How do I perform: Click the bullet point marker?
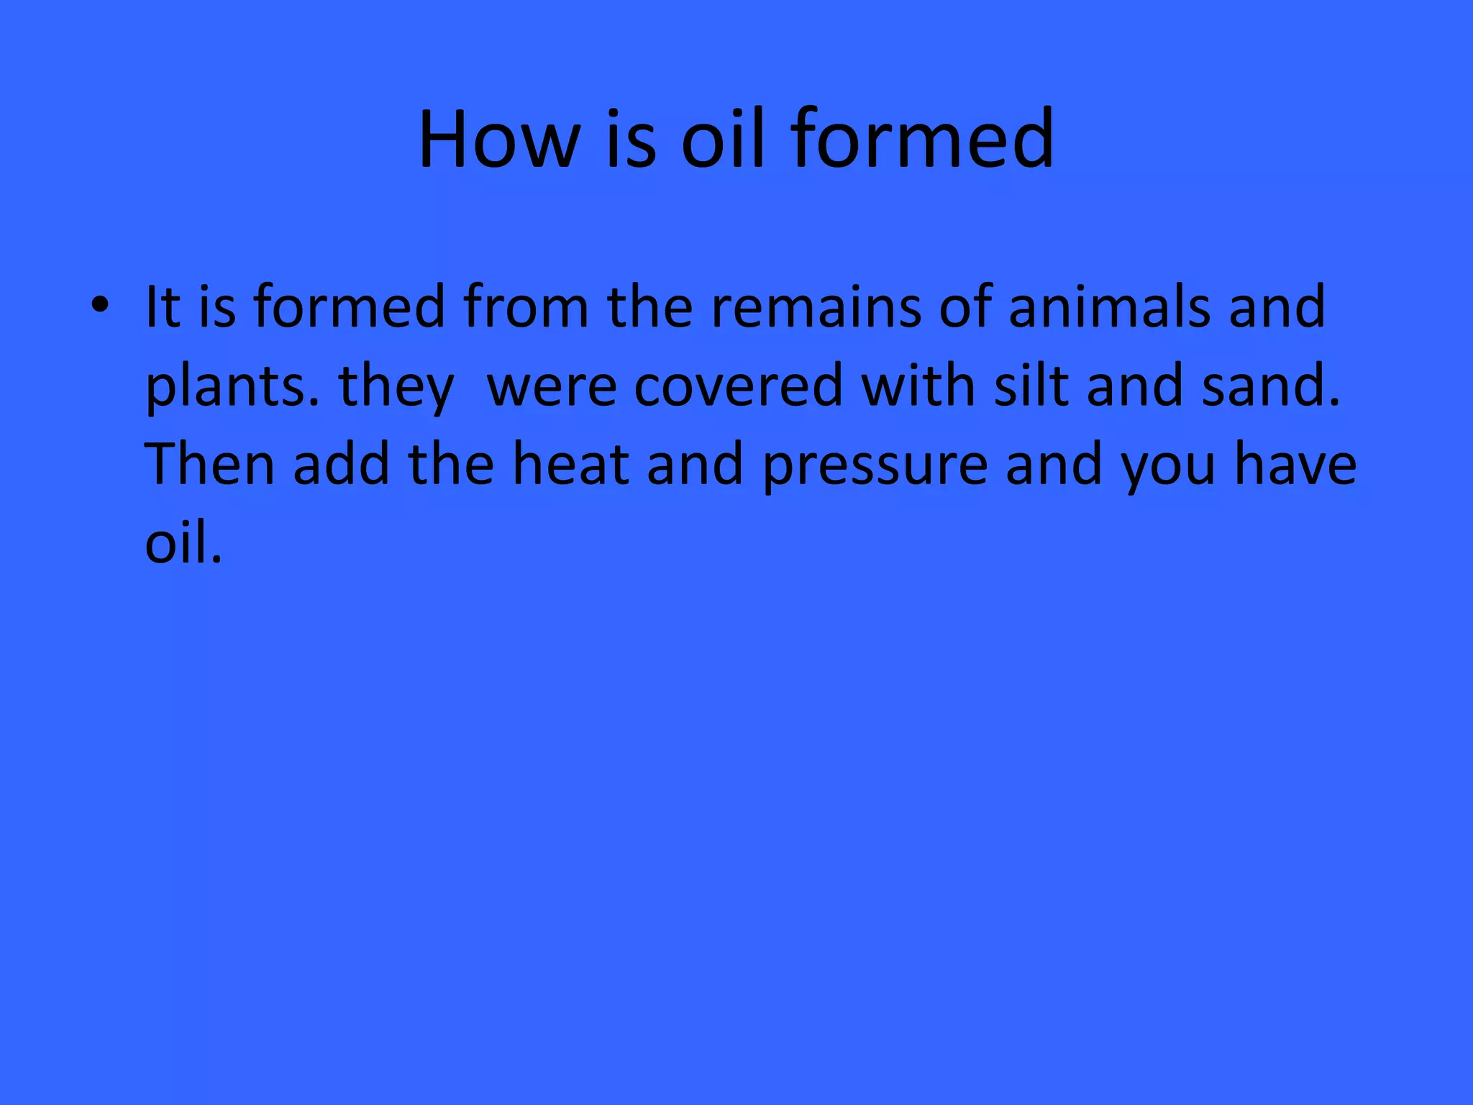click(x=100, y=306)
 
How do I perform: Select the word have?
click(x=1295, y=464)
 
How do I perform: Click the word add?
click(x=341, y=464)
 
